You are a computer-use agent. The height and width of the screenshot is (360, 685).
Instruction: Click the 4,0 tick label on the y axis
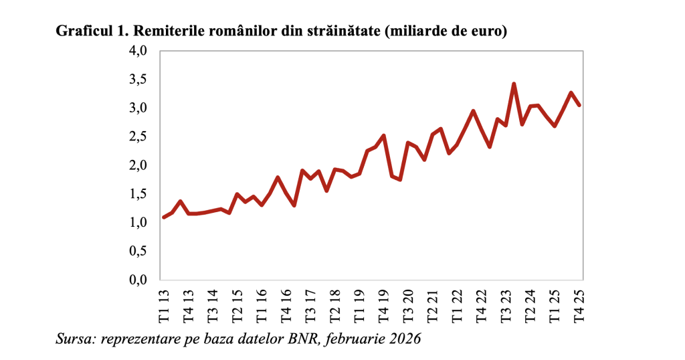click(x=138, y=51)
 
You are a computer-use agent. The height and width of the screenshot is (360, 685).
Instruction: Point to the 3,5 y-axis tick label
click(x=138, y=80)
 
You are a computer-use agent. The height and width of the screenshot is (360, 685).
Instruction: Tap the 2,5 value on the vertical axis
click(x=138, y=137)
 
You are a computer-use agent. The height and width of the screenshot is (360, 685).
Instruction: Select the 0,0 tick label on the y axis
click(x=138, y=280)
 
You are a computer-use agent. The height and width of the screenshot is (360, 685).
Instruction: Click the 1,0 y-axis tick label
click(x=138, y=223)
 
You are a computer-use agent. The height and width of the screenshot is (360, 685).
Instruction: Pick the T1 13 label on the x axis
click(x=164, y=305)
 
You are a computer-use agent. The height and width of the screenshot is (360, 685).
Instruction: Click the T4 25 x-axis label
click(x=579, y=305)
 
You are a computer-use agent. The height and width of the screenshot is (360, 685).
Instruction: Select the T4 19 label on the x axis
click(x=383, y=305)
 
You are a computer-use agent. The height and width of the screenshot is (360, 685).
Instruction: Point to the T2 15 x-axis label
click(x=237, y=305)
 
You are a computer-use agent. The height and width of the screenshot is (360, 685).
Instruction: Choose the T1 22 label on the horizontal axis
click(x=457, y=305)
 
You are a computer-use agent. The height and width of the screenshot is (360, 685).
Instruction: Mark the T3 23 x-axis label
click(x=506, y=305)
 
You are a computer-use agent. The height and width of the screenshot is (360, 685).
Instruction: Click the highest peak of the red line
click(x=514, y=84)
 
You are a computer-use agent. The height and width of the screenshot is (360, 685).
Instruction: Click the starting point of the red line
click(x=164, y=217)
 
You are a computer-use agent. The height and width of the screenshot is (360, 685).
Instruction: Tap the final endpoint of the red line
click(x=579, y=105)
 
